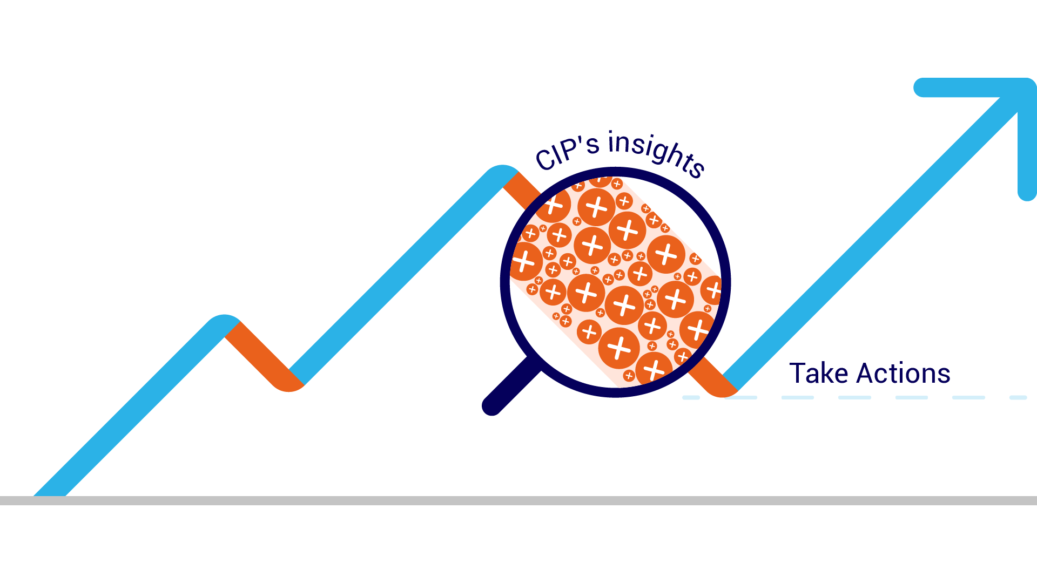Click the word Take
click(819, 374)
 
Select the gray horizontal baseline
click(518, 500)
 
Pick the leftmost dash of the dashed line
click(691, 398)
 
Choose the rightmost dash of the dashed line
click(1018, 398)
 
